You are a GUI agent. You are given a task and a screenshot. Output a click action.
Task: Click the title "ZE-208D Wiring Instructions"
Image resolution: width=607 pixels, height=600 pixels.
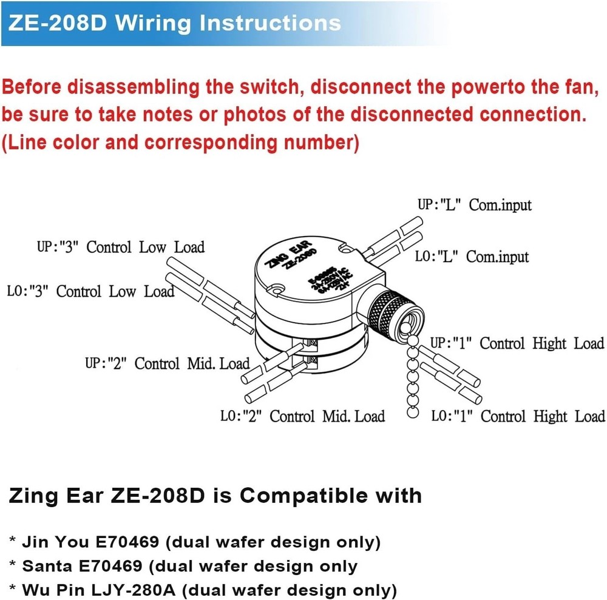(x=175, y=23)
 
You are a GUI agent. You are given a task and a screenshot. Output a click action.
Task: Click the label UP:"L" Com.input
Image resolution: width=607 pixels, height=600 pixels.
(x=474, y=204)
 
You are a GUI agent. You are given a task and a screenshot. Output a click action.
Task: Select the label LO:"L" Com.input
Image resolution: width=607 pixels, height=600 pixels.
(x=472, y=257)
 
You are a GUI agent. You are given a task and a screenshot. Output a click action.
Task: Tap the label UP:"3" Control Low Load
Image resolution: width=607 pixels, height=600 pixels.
(x=121, y=247)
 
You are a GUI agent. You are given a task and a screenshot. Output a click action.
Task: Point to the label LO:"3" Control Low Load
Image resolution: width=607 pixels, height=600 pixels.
(x=90, y=291)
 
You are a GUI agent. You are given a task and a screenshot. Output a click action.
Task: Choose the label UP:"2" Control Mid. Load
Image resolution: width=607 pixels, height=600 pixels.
(x=168, y=363)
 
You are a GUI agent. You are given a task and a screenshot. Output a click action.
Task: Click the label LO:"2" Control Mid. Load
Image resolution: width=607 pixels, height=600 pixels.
(x=302, y=416)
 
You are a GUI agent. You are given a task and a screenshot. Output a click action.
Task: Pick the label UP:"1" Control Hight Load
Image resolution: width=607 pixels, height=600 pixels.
(x=517, y=343)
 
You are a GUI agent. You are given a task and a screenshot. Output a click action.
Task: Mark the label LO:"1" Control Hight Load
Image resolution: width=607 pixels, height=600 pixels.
(x=518, y=416)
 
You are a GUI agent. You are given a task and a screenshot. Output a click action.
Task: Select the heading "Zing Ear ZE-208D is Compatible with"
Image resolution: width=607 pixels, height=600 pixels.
(x=215, y=495)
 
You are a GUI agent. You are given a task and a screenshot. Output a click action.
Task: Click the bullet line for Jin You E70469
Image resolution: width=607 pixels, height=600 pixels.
(x=195, y=541)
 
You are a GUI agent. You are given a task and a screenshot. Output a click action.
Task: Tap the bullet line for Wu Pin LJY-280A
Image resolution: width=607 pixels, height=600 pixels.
(x=203, y=589)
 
